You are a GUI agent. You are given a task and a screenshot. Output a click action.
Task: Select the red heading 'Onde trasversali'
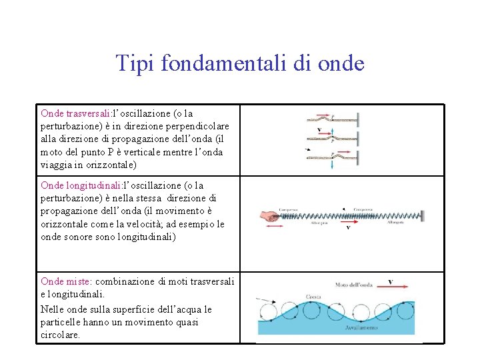pos(75,113)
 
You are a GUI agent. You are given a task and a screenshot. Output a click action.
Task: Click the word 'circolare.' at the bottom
pos(60,335)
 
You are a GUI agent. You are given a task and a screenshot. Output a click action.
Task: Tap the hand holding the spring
pos(270,215)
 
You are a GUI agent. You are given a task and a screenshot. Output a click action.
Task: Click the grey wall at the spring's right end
pos(411,214)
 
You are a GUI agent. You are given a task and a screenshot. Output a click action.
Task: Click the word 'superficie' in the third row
pos(152,310)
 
